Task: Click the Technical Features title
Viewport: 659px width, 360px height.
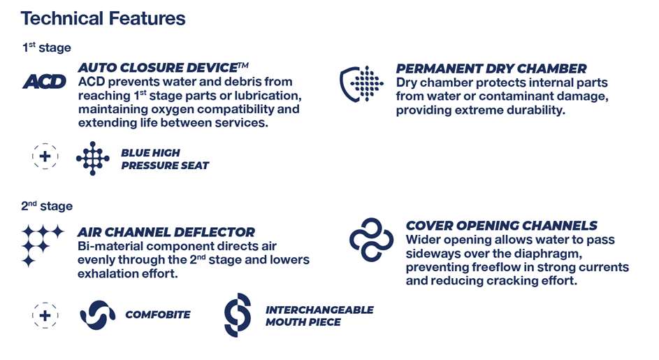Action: point(103,18)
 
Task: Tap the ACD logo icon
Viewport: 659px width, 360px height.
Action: point(44,82)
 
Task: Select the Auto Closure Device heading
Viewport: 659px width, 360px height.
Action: point(163,67)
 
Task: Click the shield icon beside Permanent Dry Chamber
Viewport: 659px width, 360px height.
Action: point(361,84)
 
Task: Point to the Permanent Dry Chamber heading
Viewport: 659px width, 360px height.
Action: point(491,69)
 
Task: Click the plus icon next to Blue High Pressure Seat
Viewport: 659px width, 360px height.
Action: point(45,157)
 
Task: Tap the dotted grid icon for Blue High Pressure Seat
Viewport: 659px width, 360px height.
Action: point(93,158)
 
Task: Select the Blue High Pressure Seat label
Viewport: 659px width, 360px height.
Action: point(165,159)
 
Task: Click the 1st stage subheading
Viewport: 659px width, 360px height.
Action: point(47,47)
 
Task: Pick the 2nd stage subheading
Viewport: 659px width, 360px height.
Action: point(47,206)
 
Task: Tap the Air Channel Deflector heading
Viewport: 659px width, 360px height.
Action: point(166,232)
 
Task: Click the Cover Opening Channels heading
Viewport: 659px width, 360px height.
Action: point(501,225)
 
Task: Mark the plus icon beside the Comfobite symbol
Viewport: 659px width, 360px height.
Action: point(45,315)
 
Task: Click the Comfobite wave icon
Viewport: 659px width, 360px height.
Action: point(98,315)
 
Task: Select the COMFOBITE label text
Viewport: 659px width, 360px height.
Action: point(158,315)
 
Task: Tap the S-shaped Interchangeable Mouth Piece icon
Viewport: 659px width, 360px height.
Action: point(238,315)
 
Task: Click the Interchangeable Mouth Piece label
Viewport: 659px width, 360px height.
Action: point(319,316)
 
